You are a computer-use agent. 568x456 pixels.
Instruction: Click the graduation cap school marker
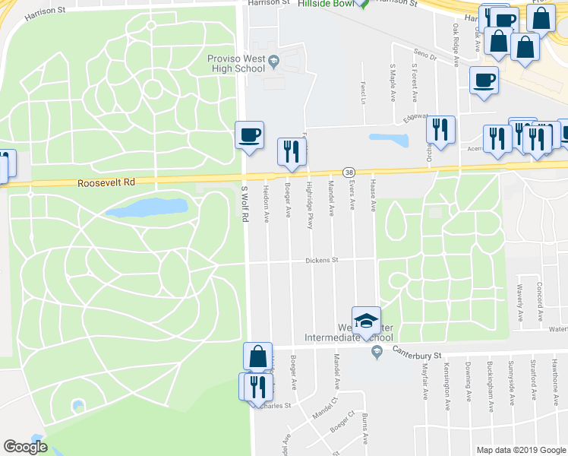coord(365,320)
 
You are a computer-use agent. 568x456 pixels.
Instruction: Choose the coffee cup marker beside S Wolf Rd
coord(249,135)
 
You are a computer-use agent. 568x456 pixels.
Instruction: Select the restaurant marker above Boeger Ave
coord(291,151)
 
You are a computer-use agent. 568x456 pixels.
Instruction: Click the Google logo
coord(25,446)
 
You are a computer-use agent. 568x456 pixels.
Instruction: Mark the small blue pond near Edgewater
coord(388,140)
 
